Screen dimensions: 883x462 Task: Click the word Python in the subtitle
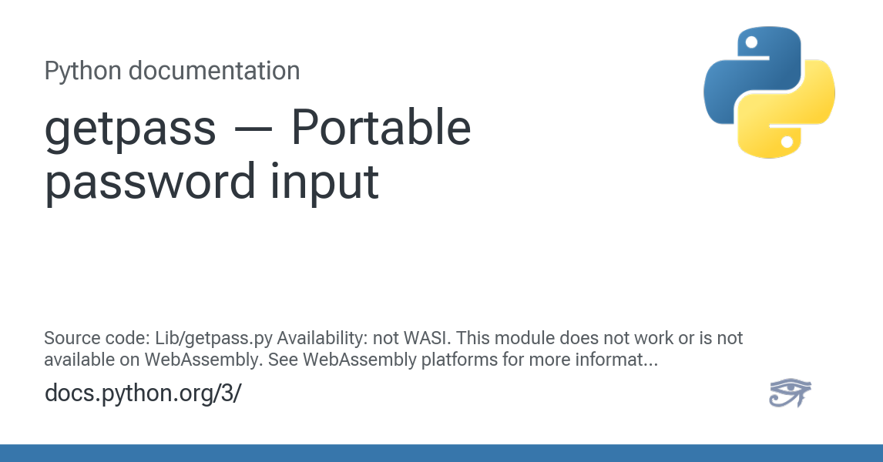click(x=82, y=72)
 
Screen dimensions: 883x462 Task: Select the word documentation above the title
click(x=214, y=71)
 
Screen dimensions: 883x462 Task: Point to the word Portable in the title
click(x=381, y=127)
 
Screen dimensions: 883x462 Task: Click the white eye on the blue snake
click(x=751, y=42)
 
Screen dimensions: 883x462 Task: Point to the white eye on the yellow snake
click(x=787, y=142)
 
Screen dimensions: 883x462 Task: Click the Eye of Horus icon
click(x=790, y=393)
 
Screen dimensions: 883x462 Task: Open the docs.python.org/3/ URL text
click(x=143, y=393)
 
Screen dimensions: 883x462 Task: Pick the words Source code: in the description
click(x=97, y=338)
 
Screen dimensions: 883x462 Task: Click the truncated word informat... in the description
click(x=616, y=360)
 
